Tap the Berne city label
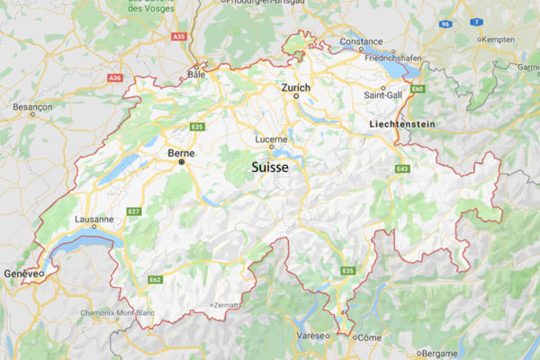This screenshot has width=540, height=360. pyautogui.click(x=181, y=154)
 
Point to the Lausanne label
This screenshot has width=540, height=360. pyautogui.click(x=94, y=219)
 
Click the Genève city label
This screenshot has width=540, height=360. pyautogui.click(x=21, y=273)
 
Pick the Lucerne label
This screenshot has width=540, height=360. pyautogui.click(x=271, y=139)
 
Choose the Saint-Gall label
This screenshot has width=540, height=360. pyautogui.click(x=382, y=94)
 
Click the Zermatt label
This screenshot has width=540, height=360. pyautogui.click(x=225, y=306)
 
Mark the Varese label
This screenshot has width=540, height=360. pyautogui.click(x=312, y=335)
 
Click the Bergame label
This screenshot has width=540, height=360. pyautogui.click(x=439, y=353)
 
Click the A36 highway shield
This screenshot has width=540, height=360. pyautogui.click(x=114, y=78)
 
